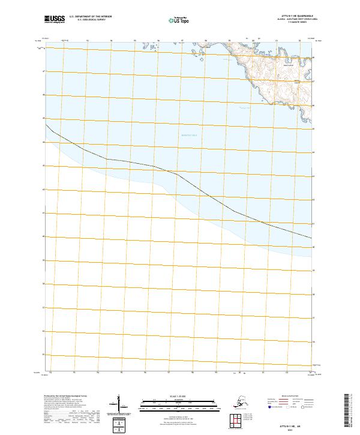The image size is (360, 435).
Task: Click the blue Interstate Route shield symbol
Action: click(270, 407)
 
